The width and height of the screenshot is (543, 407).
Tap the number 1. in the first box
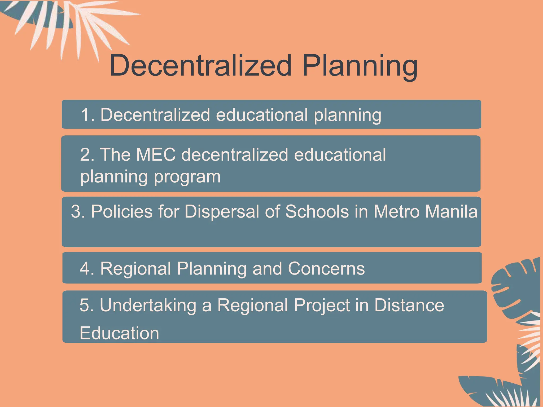tap(87, 115)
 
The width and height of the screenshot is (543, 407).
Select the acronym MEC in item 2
tap(156, 154)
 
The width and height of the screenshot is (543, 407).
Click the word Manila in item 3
tap(452, 211)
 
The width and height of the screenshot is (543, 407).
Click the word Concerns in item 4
tap(326, 268)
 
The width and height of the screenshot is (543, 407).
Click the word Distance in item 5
tap(409, 305)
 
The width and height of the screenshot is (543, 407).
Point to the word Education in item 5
tap(119, 333)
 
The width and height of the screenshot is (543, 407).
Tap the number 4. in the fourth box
tap(87, 268)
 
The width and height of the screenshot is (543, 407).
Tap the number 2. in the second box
tap(87, 154)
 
